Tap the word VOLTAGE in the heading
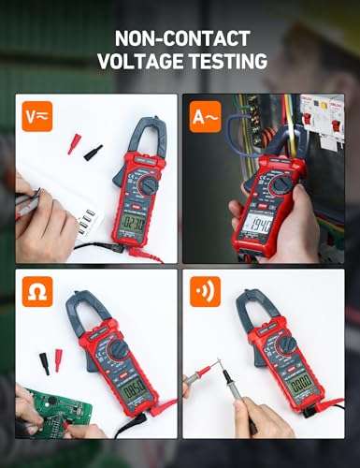(x=141, y=62)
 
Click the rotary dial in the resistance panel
(x=120, y=349)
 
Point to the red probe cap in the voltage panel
(x=72, y=143)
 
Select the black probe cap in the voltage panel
(x=93, y=151)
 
